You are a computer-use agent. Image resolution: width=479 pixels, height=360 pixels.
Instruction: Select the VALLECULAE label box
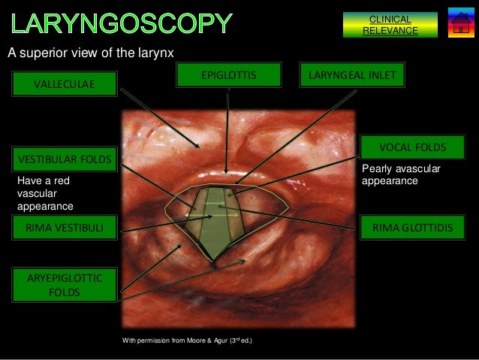coord(65,84)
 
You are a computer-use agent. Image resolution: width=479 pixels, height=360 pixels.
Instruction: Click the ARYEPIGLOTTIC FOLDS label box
coord(65,285)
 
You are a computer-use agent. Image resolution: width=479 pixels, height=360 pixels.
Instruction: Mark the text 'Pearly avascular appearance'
coord(401,175)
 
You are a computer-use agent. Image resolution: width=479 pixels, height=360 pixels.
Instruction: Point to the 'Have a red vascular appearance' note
coord(45,194)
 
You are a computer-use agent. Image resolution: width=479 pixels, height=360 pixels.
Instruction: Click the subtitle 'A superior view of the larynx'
coord(91,53)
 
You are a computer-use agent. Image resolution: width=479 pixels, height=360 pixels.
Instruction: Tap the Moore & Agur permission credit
coord(187,341)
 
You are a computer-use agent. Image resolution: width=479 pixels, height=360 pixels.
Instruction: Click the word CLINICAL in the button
coord(390,20)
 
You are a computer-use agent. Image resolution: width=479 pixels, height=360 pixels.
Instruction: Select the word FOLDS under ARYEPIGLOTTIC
coord(65,292)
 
